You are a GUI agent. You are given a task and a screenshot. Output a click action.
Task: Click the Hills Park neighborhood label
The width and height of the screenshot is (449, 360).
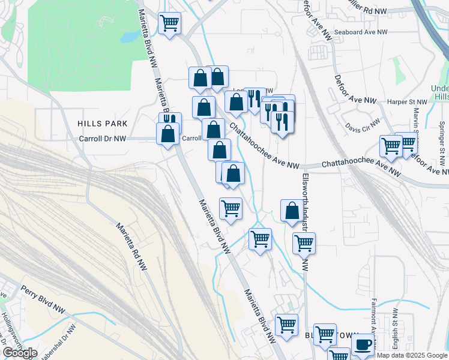pyautogui.click(x=102, y=123)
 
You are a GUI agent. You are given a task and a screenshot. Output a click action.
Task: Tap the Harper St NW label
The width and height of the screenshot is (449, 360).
pyautogui.click(x=404, y=102)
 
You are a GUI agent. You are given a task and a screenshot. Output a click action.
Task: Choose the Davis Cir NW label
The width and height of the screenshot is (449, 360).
pyautogui.click(x=363, y=125)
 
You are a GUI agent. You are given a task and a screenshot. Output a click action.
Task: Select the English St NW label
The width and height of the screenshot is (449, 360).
pyautogui.click(x=395, y=329)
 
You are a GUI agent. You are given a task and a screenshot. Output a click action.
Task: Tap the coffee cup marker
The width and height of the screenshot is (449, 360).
pyautogui.click(x=363, y=345)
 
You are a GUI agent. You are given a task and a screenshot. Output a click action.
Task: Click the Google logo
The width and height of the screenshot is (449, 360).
pyautogui.click(x=19, y=353)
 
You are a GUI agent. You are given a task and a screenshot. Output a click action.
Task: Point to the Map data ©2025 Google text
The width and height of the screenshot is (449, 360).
pyautogui.click(x=412, y=355)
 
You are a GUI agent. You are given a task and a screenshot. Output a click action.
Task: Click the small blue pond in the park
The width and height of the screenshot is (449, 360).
pyautogui.click(x=129, y=37)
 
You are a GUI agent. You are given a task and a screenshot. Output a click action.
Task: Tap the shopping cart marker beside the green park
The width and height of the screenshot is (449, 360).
pyautogui.click(x=170, y=23)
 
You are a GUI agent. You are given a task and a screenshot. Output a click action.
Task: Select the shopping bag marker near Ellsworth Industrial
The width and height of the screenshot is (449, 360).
pyautogui.click(x=292, y=211)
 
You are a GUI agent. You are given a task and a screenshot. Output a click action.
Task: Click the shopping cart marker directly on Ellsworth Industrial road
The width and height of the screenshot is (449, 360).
pyautogui.click(x=304, y=243)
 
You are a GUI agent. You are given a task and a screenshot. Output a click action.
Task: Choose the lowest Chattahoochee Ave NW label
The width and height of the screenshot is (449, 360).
pyautogui.click(x=360, y=167)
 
